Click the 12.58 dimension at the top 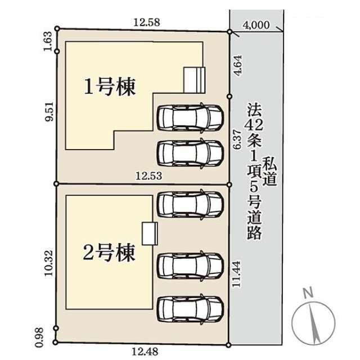pos(146,22)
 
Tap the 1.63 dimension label pos(48,41)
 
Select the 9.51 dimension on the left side pos(49,111)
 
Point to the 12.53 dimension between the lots pos(148,176)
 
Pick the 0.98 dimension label pos(39,337)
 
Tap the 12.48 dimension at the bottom pos(145,352)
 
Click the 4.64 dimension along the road pos(238,65)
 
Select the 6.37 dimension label pos(237,139)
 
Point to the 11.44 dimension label pos(236,274)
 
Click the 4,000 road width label pos(256,25)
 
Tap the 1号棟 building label pos(110,87)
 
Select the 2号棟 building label pos(109,253)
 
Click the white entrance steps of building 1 pos(194,80)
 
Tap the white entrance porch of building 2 pos(150,233)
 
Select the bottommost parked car pos(190,309)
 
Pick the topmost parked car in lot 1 pos(190,118)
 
